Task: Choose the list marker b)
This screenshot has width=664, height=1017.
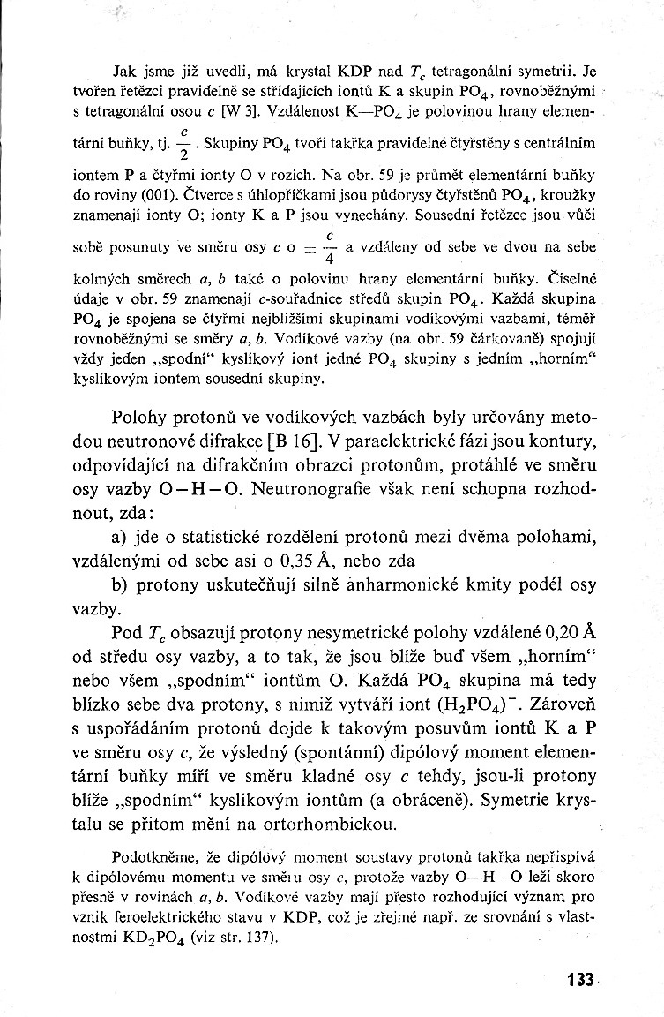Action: [124, 584]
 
